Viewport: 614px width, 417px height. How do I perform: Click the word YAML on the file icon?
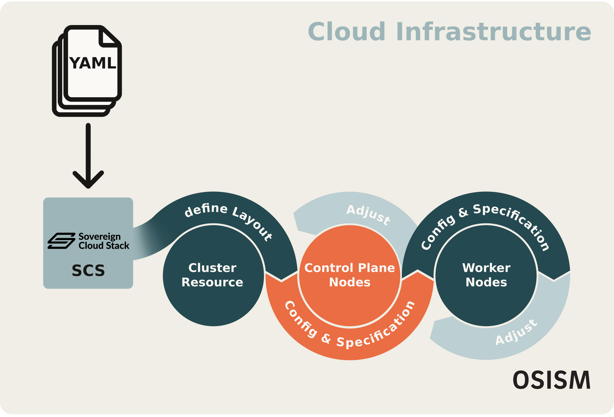pyautogui.click(x=93, y=63)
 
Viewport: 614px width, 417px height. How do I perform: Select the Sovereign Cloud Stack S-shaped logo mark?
pyautogui.click(x=61, y=241)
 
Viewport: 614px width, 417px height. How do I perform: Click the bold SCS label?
pyautogui.click(x=88, y=270)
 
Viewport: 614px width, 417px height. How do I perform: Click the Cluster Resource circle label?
pyautogui.click(x=212, y=275)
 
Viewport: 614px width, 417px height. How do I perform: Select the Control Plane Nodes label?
pyautogui.click(x=349, y=275)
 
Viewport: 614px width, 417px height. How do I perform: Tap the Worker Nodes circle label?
pyautogui.click(x=486, y=275)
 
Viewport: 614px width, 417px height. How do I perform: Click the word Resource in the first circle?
pyautogui.click(x=212, y=282)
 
